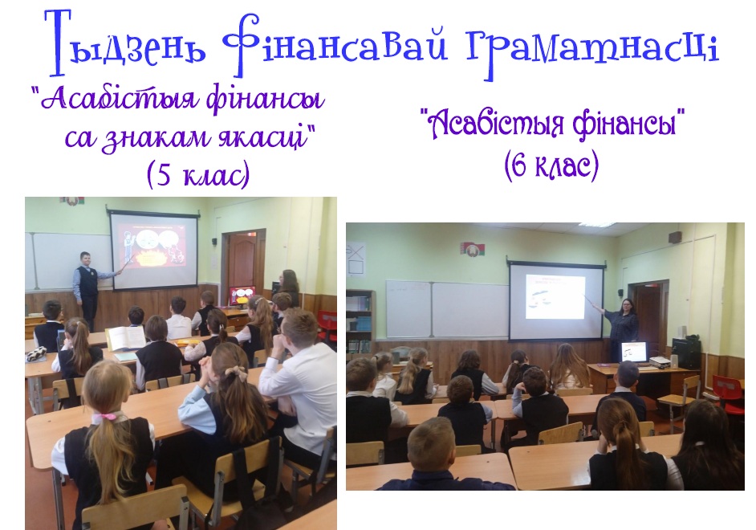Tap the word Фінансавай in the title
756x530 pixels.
[335, 46]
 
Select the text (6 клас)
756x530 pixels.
[551, 166]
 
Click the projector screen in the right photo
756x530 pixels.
[557, 300]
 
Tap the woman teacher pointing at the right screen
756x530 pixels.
[622, 328]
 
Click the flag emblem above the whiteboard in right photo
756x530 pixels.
[473, 249]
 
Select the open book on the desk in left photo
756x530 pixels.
[126, 337]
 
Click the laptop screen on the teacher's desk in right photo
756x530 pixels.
[633, 352]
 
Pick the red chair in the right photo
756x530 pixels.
[728, 393]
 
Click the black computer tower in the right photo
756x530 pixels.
[686, 353]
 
